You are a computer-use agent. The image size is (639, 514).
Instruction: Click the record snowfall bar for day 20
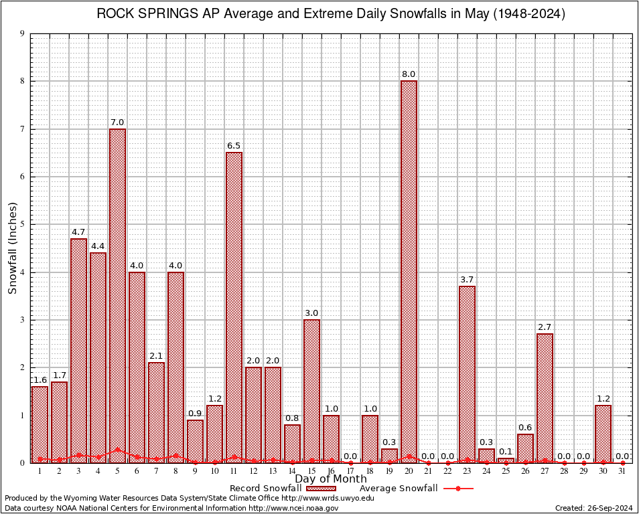pos(409,268)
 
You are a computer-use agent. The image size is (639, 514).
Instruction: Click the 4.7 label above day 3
pos(78,232)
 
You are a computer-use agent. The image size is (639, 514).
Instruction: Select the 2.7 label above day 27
pos(545,327)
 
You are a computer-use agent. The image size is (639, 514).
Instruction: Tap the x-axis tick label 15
pos(311,471)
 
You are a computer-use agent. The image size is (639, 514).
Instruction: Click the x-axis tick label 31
pos(622,471)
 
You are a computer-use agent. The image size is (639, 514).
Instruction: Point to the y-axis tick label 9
pos(23,33)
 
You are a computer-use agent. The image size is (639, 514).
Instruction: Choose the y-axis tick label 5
pos(23,225)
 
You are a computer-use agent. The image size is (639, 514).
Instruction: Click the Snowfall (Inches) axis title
pos(13,248)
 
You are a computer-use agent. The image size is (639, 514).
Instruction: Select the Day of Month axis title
pos(330,479)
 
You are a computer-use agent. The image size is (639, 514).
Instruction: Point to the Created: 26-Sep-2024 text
pos(594,508)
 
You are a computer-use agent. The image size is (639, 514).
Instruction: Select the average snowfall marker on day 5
pos(117,450)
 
